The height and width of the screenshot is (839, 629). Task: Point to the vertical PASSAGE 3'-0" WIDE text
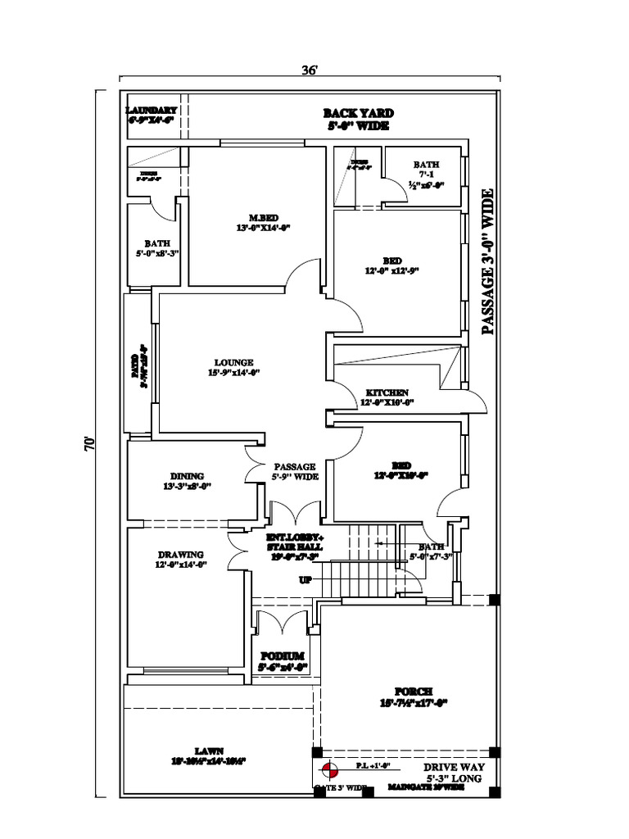click(x=488, y=261)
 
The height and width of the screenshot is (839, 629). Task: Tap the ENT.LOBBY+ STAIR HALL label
click(x=294, y=546)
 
